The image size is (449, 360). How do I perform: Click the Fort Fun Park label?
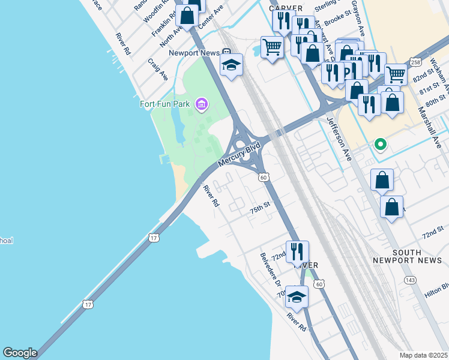click(164, 104)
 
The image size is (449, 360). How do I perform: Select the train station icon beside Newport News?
click(226, 52)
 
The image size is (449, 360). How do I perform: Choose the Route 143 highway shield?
click(410, 280)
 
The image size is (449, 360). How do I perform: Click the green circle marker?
click(379, 144)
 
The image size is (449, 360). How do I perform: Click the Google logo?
click(20, 353)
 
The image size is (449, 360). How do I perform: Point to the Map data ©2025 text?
click(423, 355)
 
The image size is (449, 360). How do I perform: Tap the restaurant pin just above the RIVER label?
click(297, 251)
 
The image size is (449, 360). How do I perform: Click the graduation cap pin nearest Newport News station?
click(231, 65)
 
